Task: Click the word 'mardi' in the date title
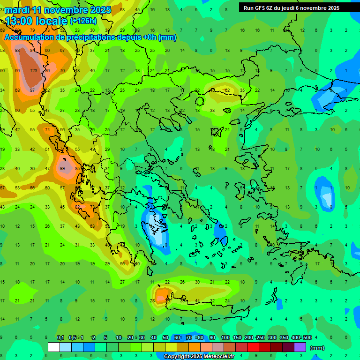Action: coord(17,10)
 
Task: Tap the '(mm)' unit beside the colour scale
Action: coord(317,348)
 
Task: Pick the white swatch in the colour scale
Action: coord(53,347)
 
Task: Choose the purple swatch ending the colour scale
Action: coord(300,347)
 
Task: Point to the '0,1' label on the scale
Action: coord(60,338)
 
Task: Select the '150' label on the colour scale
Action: coord(237,338)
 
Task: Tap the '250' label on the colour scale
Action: coord(260,338)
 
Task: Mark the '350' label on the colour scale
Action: coord(284,338)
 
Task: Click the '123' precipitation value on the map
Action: coord(33,71)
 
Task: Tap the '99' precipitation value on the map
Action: coord(62,169)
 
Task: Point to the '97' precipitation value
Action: coord(32,90)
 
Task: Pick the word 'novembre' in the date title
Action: coord(67,10)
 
